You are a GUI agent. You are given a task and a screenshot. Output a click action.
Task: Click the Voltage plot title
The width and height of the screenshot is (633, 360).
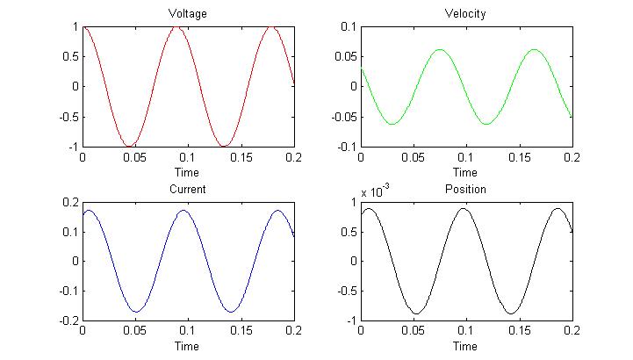(x=188, y=14)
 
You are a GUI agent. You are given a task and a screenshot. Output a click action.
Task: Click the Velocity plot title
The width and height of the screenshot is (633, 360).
(x=466, y=14)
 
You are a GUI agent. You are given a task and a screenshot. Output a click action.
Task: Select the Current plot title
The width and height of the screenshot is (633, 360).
(x=188, y=189)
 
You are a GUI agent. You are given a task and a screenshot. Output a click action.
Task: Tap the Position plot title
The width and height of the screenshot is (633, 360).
(x=466, y=189)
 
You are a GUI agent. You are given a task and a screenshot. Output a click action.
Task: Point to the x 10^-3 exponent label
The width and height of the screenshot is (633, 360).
(x=375, y=191)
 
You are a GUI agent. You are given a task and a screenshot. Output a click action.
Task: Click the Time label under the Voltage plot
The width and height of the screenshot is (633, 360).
(x=188, y=172)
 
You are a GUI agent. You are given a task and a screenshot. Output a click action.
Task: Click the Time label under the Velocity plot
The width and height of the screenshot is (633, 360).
(x=466, y=172)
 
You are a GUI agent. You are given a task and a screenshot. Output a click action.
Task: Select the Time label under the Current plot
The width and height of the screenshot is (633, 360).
(x=188, y=346)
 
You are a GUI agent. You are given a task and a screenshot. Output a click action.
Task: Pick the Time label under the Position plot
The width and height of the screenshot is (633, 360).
(x=466, y=346)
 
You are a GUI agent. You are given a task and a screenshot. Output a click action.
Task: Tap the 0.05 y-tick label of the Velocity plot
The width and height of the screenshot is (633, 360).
(x=344, y=56)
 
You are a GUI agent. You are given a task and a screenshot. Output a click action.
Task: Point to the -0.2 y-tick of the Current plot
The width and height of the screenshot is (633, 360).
(x=68, y=320)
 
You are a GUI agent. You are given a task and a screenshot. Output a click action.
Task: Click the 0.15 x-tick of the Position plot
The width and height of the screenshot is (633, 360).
(x=519, y=332)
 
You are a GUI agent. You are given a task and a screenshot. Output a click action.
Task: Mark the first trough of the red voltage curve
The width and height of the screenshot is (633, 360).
(x=130, y=146)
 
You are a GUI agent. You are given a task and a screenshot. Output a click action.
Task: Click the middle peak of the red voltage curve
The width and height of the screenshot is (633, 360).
(x=177, y=27)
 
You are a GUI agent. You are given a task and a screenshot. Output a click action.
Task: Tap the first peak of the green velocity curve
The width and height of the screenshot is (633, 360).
(x=440, y=49)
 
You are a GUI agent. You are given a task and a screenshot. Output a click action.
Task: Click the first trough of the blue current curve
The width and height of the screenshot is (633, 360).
(x=136, y=311)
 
